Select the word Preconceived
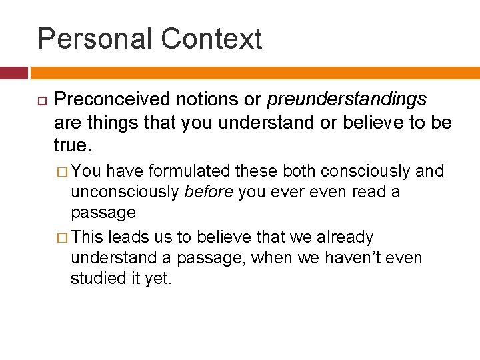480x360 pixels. click(x=112, y=100)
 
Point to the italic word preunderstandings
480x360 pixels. click(x=347, y=100)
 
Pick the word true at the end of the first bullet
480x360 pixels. click(x=69, y=145)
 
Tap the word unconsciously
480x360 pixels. click(x=125, y=192)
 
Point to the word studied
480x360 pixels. click(x=98, y=279)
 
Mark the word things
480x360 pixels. click(x=107, y=123)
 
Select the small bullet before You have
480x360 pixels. click(x=62, y=172)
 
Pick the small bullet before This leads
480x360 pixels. click(x=62, y=237)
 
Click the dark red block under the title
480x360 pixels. click(x=13, y=73)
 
